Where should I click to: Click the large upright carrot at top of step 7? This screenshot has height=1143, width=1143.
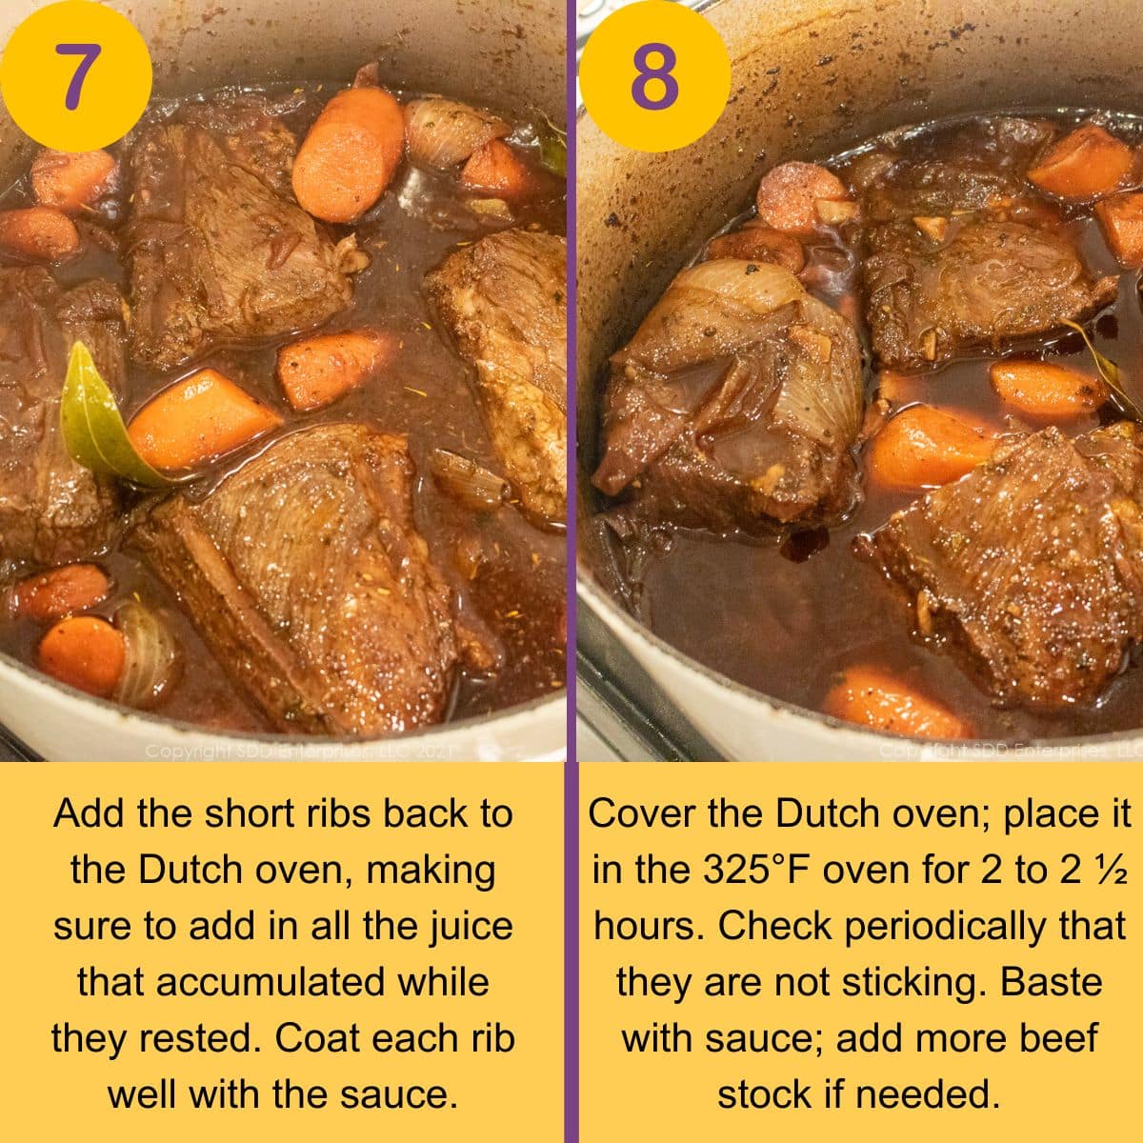(x=349, y=152)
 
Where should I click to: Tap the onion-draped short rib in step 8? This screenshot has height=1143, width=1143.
(x=729, y=391)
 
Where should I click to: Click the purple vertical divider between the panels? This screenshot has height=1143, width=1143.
(x=571, y=571)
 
